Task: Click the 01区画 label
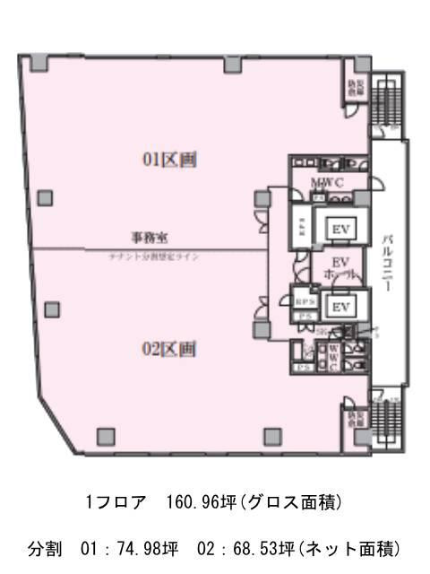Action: coord(169,160)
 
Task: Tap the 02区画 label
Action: coord(169,349)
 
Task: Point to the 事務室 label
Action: coord(150,238)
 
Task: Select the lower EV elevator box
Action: coord(340,307)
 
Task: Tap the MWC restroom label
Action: coord(325,183)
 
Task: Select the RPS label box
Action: coord(303,302)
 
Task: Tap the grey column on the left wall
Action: coord(45,198)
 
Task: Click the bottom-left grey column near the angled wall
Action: coord(107,436)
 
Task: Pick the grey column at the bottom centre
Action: coord(271,436)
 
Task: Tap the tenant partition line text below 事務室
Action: coord(150,256)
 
